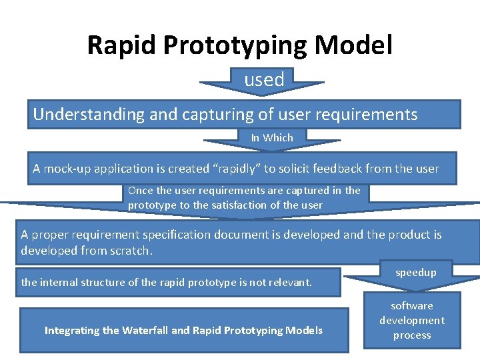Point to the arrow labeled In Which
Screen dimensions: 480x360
click(272, 139)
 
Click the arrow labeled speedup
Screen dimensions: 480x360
click(416, 273)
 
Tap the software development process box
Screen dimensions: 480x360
click(412, 321)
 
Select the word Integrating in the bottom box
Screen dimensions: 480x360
click(73, 331)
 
